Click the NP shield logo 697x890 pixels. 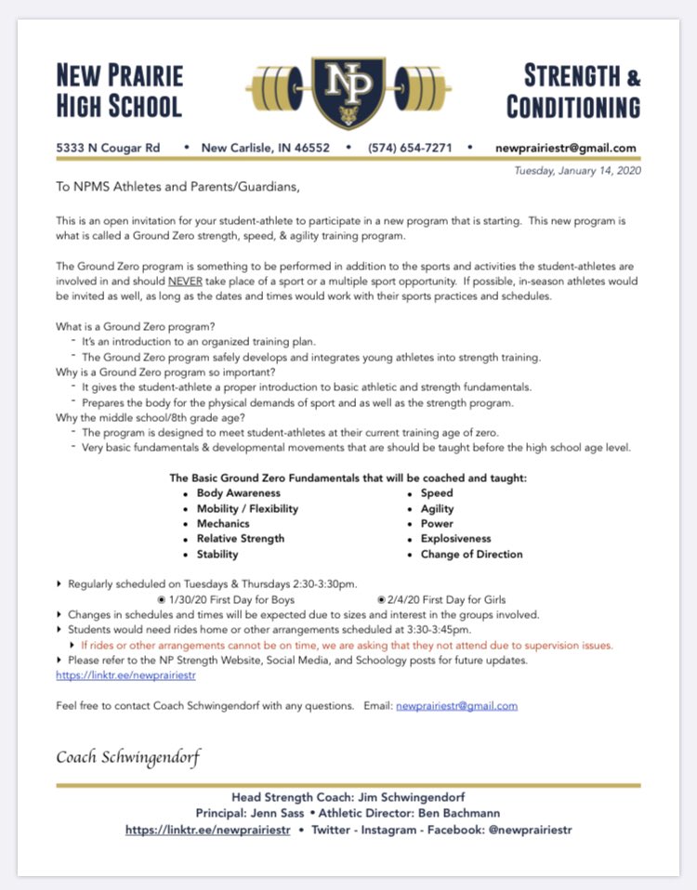(348, 90)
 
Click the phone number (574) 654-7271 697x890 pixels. (410, 148)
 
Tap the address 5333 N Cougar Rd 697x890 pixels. (108, 148)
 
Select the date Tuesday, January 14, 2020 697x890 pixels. (577, 170)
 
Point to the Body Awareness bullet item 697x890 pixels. (238, 493)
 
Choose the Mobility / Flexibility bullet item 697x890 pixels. (247, 509)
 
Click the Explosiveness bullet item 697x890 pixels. (455, 539)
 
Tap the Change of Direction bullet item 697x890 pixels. (471, 555)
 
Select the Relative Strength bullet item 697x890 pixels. (241, 539)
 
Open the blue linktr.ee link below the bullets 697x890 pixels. (112, 675)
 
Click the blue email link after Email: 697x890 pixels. (456, 706)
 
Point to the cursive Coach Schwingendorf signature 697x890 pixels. (128, 757)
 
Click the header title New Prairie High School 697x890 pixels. (119, 90)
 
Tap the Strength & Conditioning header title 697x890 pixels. (574, 90)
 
